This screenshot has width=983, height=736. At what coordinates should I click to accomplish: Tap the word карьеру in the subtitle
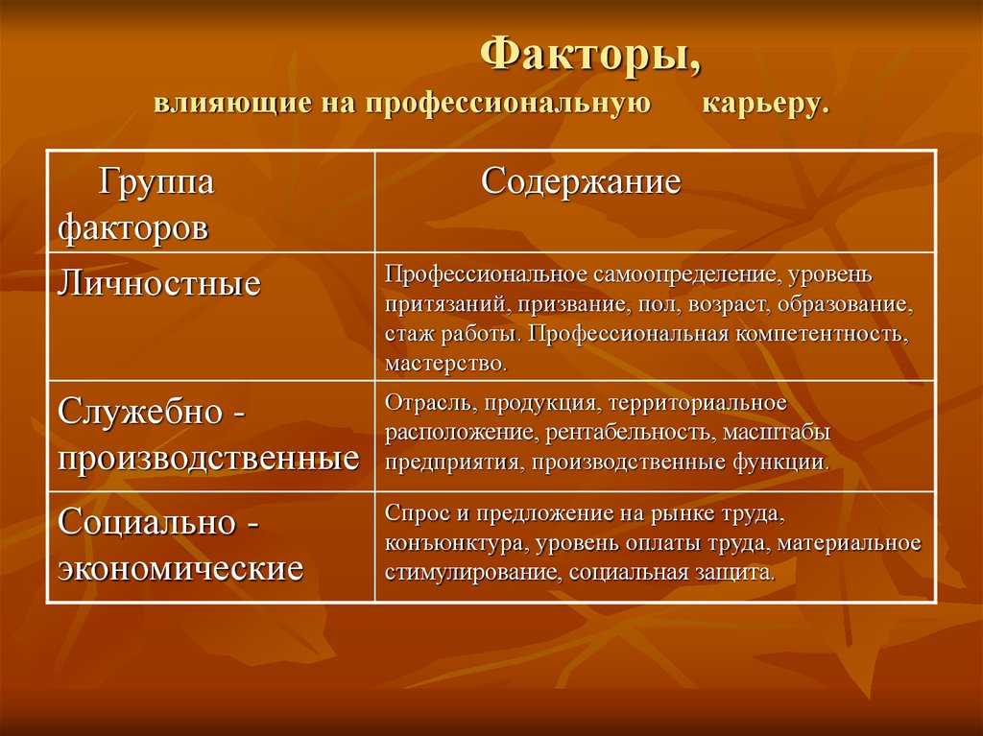pos(765,105)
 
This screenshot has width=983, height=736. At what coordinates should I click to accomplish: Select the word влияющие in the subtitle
pos(232,104)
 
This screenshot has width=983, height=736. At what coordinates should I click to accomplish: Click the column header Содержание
pos(581,182)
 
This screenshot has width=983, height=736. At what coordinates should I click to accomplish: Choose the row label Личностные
pos(158,283)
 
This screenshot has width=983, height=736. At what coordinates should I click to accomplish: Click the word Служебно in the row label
pos(140,412)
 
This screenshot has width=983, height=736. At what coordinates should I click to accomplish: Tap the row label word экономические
pos(180,569)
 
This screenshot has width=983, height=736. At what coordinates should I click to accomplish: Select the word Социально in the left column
pos(147,523)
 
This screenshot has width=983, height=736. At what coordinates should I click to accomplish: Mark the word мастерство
pos(445,364)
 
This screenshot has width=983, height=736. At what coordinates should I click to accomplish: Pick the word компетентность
pos(822,334)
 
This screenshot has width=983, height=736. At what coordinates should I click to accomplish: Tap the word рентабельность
pos(629,433)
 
